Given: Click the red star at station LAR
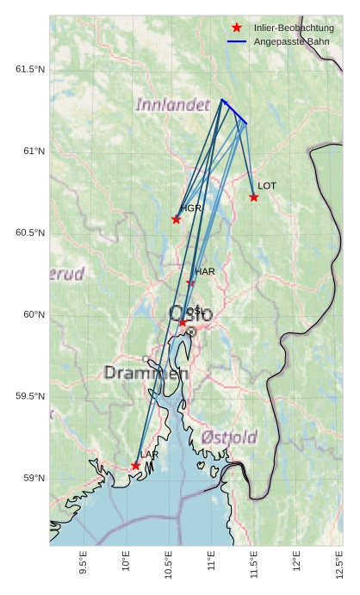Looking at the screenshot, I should [136, 466].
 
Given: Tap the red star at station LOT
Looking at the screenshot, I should [254, 197].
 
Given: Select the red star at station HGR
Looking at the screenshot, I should [177, 219].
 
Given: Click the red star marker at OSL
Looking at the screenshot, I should [183, 322].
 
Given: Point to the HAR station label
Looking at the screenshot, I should [205, 271].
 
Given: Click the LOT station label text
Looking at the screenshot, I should [267, 186].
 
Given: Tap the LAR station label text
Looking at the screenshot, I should [150, 455].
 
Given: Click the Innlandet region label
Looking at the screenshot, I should [173, 105].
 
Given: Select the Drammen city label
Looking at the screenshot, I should [146, 373].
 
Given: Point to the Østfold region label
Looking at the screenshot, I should [229, 437].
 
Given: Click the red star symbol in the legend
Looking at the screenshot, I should [237, 28].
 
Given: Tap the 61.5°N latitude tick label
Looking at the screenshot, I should [29, 70].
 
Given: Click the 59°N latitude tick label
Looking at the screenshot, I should [33, 479].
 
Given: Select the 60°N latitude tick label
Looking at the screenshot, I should [33, 315].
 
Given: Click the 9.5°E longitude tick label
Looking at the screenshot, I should [84, 564].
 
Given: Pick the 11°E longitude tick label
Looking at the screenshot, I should [211, 564].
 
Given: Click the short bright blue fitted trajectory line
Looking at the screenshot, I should [234, 112].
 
